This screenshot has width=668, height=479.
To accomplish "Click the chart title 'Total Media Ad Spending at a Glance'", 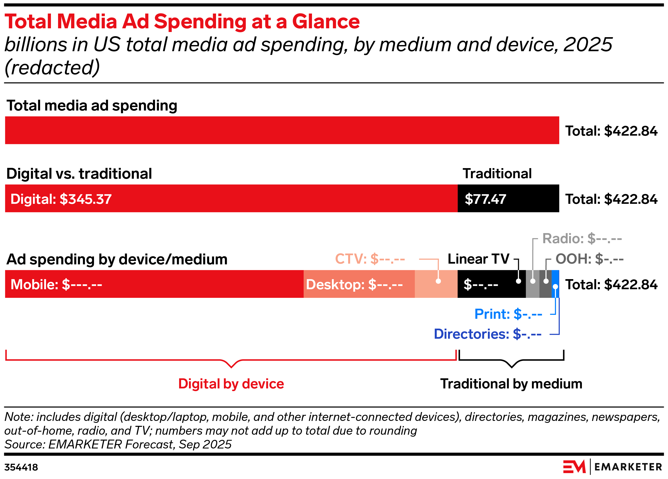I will (x=182, y=22).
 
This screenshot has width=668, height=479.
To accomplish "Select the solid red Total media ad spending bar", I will (x=282, y=130).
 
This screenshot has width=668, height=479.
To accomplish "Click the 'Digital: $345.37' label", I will (x=61, y=199).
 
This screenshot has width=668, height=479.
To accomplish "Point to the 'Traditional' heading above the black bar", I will (x=497, y=174).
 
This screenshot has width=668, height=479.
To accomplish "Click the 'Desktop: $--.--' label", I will (x=354, y=285).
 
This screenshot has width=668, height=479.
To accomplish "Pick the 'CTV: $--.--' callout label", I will (x=370, y=259).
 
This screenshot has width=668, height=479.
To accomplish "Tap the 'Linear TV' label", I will (x=478, y=259).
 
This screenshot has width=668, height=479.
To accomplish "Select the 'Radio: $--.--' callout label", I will (x=582, y=238).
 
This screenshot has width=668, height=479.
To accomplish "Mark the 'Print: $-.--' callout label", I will (x=508, y=314).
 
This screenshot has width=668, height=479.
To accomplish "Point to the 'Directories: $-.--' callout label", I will (x=487, y=334).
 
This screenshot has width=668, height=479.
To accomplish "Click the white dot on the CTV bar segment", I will (x=438, y=281).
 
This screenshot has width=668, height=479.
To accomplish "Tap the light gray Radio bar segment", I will (x=532, y=290).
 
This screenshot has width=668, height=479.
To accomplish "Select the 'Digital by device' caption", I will (x=231, y=384).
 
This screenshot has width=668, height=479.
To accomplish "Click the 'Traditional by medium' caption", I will (x=511, y=384).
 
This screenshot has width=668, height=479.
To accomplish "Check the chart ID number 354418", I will (x=21, y=467).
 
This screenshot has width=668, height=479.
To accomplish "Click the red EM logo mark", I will (x=574, y=467).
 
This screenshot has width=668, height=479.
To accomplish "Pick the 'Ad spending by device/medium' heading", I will (x=117, y=259).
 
